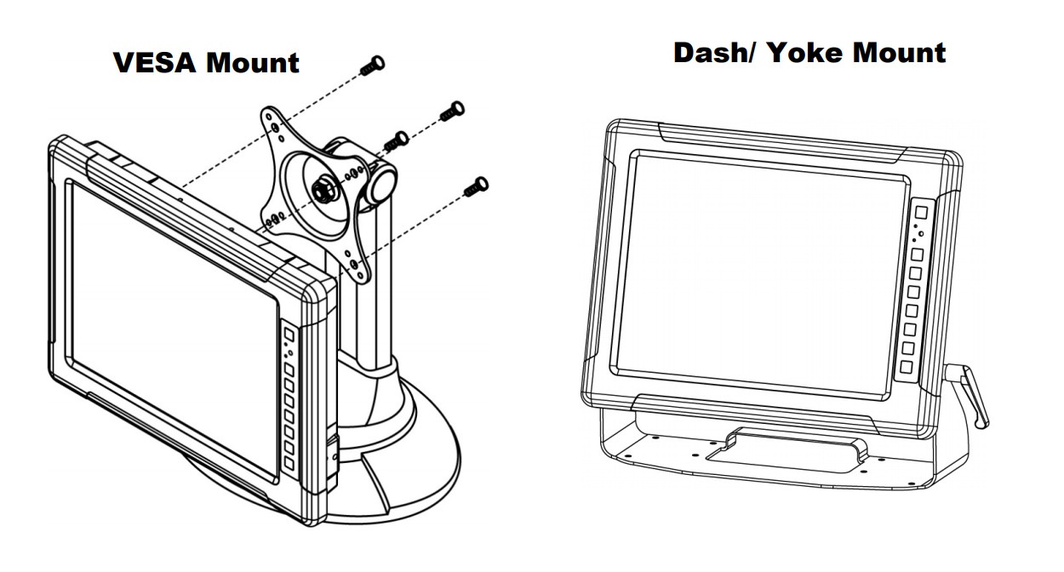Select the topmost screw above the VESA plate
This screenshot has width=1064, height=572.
(373, 66)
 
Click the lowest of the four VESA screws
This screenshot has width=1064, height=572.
(475, 186)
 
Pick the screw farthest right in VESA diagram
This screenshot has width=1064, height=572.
(451, 111)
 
